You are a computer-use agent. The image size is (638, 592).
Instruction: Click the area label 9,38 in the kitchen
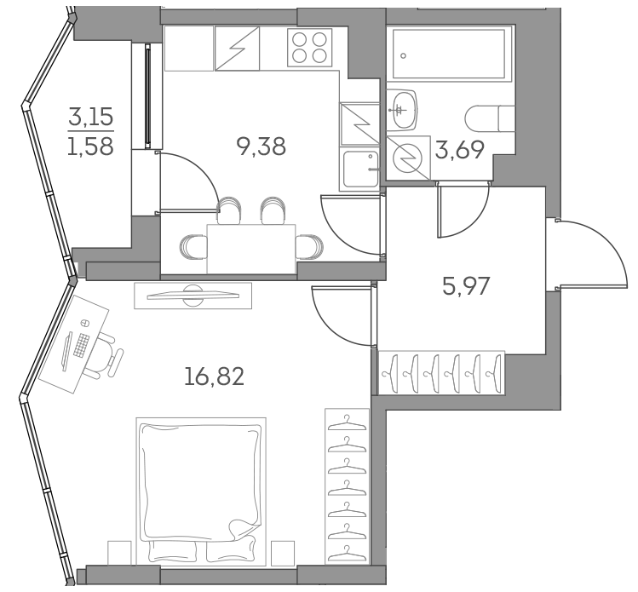261,147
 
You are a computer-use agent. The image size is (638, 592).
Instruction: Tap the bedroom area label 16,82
214,376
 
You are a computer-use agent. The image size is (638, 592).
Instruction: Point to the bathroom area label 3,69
460,152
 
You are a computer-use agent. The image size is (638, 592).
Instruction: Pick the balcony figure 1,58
90,147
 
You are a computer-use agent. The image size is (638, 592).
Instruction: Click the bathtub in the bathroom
448,55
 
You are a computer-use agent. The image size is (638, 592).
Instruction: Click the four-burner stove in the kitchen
309,46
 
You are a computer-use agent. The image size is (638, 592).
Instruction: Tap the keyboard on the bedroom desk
82,345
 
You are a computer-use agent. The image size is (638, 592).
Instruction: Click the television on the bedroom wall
193,295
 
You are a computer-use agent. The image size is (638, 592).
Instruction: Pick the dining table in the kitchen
250,248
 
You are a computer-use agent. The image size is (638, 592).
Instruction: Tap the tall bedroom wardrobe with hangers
346,484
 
